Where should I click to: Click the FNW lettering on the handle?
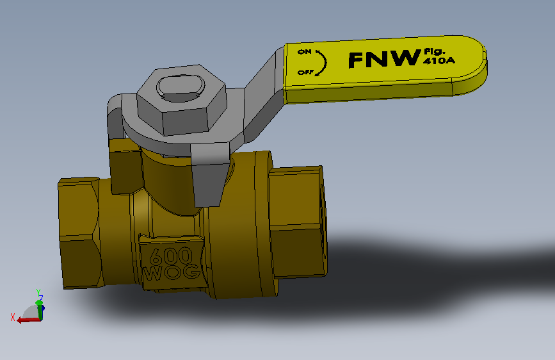click(x=382, y=60)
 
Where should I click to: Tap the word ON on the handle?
click(x=304, y=51)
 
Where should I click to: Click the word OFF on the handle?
click(x=305, y=72)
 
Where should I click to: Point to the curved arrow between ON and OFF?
click(x=322, y=61)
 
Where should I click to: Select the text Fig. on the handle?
click(x=433, y=51)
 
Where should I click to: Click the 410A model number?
click(x=437, y=62)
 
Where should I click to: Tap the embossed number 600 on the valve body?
click(x=171, y=257)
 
